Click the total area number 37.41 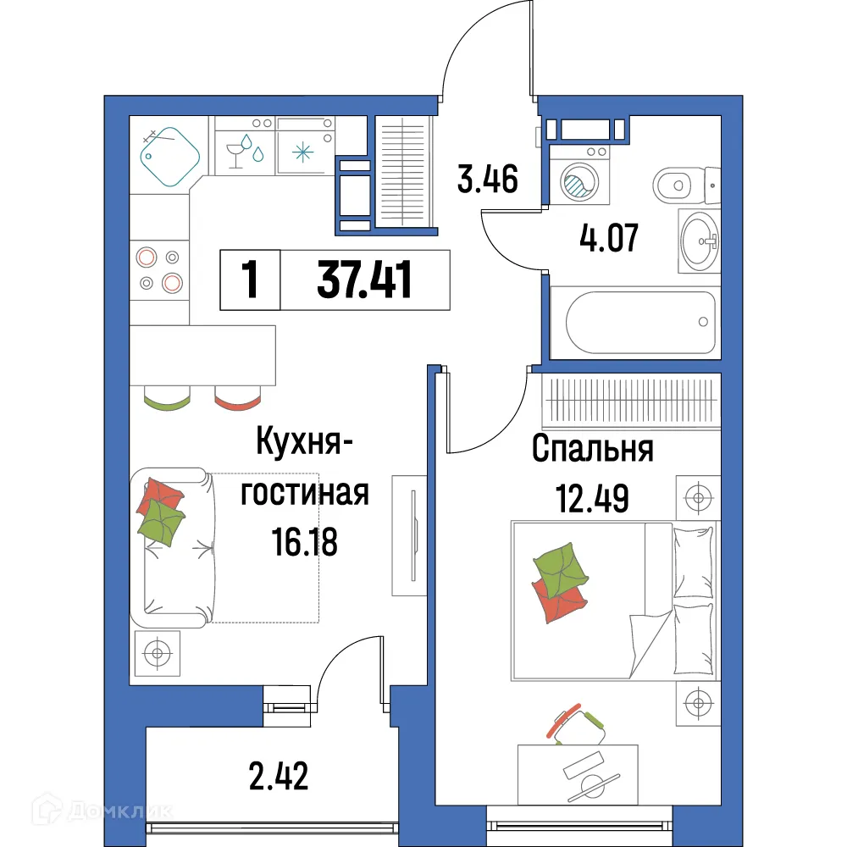click(364, 280)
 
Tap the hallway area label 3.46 click(486, 180)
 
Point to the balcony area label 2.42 click(277, 775)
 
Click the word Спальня click(592, 449)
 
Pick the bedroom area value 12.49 click(592, 498)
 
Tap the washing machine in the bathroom click(580, 178)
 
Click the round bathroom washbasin click(700, 241)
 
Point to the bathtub click(634, 322)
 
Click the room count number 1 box click(250, 280)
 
